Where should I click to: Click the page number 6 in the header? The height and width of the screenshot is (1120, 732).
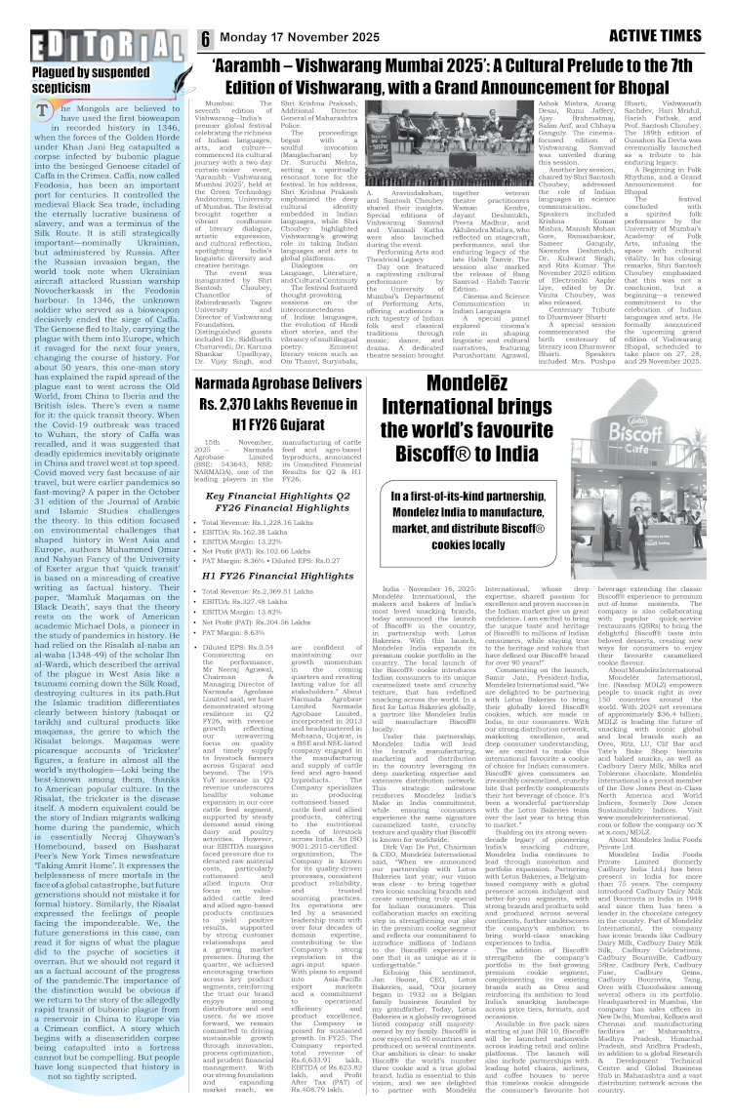click(207, 39)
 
